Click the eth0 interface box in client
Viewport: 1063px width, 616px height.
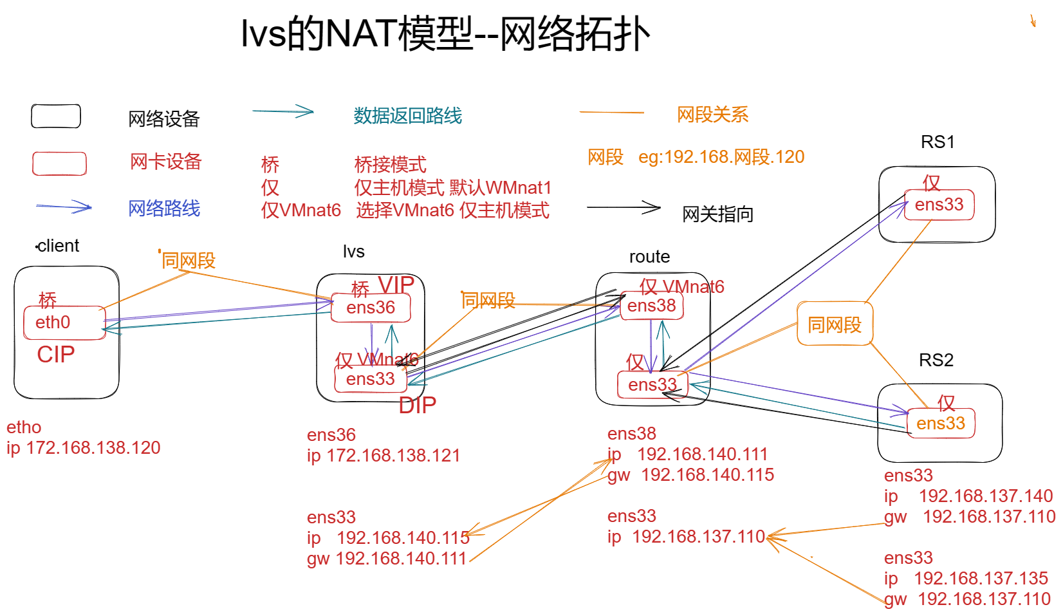64,322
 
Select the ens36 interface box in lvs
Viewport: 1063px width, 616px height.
371,308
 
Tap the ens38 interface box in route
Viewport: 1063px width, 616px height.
651,306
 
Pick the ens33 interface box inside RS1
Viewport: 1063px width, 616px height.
939,205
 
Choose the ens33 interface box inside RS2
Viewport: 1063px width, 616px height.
940,424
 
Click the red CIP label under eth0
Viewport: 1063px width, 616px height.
56,355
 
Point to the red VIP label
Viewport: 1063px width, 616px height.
396,285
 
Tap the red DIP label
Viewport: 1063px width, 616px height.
417,406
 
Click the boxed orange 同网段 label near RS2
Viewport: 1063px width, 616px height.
835,324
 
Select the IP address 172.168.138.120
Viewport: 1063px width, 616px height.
93,448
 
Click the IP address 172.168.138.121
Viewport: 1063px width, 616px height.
393,456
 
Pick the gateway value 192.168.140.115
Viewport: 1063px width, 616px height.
708,475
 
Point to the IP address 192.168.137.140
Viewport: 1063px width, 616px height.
986,496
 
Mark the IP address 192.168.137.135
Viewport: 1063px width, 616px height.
981,579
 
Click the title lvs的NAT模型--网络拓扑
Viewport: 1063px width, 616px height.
445,33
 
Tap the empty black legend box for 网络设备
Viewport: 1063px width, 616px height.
56,117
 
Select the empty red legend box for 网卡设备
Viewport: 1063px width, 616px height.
59,163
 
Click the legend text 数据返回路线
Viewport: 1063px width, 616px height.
407,116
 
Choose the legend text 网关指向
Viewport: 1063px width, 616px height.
717,214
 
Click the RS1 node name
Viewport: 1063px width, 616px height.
938,142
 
